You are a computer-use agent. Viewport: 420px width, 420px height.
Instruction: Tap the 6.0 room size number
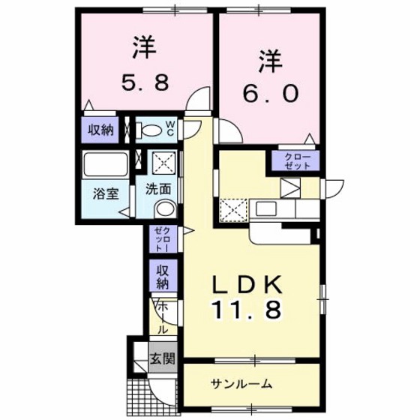270,94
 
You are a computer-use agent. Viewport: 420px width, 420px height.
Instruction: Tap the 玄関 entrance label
161,358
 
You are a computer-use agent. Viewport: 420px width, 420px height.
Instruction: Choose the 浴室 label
103,193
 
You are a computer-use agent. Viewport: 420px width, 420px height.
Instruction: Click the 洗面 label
157,189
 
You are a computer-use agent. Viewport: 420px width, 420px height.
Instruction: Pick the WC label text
170,128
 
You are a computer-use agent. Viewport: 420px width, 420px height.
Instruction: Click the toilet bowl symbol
151,130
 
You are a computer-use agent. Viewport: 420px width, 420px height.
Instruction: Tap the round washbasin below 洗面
166,208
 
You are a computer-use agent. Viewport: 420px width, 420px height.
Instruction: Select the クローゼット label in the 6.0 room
299,160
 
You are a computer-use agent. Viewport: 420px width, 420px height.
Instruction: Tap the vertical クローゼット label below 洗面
161,238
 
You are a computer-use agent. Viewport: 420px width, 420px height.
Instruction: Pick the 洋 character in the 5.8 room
143,47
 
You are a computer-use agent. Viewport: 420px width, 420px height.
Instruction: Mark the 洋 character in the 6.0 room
270,58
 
